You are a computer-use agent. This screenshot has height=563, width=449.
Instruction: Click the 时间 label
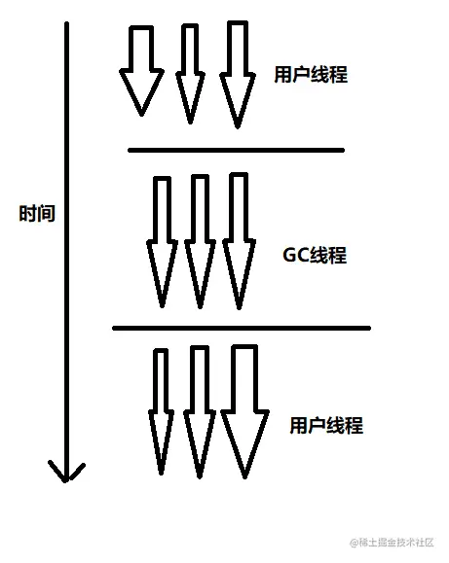(37, 214)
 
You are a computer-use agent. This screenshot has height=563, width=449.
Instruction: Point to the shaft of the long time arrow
(66, 243)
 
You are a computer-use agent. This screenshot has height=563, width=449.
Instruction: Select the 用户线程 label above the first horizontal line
(311, 76)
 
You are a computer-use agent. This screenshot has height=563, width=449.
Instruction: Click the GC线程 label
(315, 256)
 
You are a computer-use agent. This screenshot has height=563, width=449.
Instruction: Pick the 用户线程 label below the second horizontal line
(326, 426)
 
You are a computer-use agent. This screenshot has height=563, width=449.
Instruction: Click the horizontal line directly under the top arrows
(236, 150)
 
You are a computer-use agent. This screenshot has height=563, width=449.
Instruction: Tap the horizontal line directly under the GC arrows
(242, 328)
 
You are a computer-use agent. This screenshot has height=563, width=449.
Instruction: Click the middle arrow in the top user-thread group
(191, 73)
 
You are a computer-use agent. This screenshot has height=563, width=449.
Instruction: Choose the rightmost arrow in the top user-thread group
(239, 73)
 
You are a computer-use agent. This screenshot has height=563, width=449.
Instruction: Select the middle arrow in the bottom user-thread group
(199, 413)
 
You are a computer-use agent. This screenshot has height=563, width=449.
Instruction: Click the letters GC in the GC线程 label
(295, 256)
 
